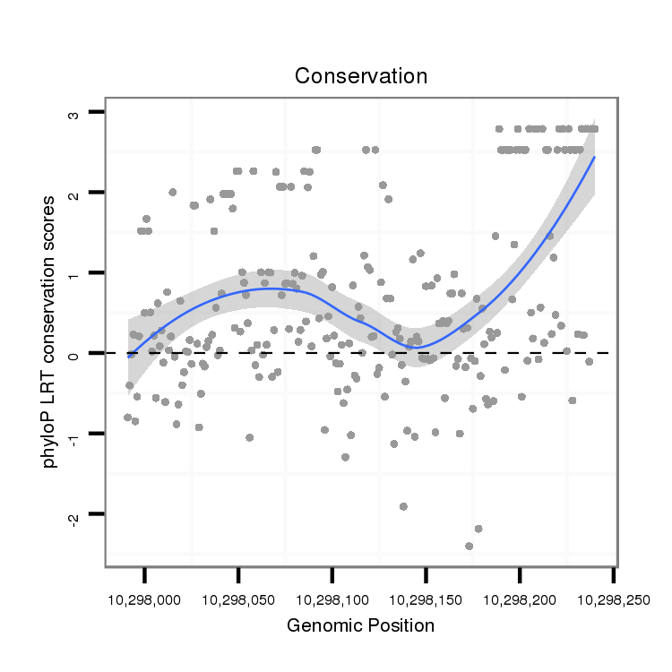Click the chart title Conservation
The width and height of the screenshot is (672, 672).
coord(361,76)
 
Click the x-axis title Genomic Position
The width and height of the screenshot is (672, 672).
coord(360,625)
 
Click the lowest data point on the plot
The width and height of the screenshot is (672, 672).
coord(469,546)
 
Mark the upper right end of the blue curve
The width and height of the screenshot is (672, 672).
coord(594,157)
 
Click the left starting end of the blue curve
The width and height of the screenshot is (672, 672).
coord(129,355)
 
